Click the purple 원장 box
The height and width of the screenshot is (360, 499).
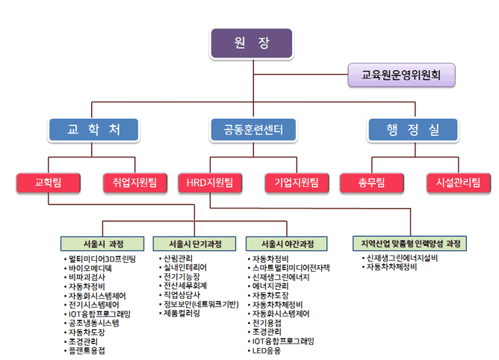pyautogui.click(x=252, y=43)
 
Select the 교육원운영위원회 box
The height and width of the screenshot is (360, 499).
pyautogui.click(x=401, y=75)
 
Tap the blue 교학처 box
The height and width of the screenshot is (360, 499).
pyautogui.click(x=93, y=129)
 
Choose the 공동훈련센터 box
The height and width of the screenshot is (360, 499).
pyautogui.click(x=253, y=129)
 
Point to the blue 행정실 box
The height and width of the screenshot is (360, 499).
pyautogui.click(x=413, y=129)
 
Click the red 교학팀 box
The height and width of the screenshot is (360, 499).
pyautogui.click(x=48, y=183)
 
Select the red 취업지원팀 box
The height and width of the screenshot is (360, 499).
pyautogui.click(x=135, y=183)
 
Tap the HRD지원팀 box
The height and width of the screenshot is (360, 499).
pyautogui.click(x=210, y=183)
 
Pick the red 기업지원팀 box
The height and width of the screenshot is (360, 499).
pyautogui.click(x=297, y=183)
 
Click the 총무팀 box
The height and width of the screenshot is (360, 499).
pyautogui.click(x=372, y=183)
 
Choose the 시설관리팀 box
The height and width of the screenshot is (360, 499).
pyautogui.click(x=459, y=183)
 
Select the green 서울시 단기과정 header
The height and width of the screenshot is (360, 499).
pyautogui.click(x=194, y=243)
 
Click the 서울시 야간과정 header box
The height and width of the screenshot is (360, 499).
pyautogui.click(x=286, y=243)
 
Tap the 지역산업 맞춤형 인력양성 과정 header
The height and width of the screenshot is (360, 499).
pyautogui.click(x=410, y=243)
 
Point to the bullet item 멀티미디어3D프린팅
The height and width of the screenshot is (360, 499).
pyautogui.click(x=102, y=258)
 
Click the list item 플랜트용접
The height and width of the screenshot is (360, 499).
pyautogui.click(x=87, y=350)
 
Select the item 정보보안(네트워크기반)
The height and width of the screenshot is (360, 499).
pyautogui.click(x=201, y=304)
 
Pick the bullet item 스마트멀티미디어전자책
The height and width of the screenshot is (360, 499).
pyautogui.click(x=291, y=268)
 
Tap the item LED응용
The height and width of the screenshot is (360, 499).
pyautogui.click(x=267, y=351)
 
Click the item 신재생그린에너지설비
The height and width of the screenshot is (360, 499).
pyautogui.click(x=402, y=258)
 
